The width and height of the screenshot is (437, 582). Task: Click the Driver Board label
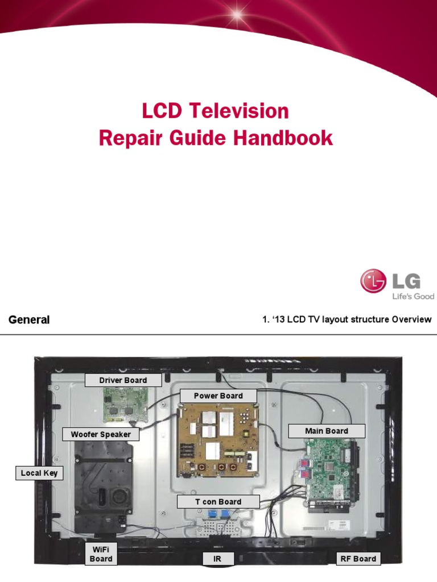click(x=123, y=380)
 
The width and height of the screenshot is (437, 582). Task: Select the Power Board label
click(x=218, y=396)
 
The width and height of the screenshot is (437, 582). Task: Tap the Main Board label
click(x=326, y=431)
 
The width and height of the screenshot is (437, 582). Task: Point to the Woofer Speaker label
click(x=101, y=434)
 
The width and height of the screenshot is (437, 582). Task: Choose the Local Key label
click(x=39, y=473)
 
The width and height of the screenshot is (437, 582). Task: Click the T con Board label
click(x=218, y=502)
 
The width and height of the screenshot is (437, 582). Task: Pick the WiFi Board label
click(x=101, y=554)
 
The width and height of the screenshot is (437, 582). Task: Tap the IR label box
click(x=217, y=559)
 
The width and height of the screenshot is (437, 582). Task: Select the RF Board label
click(x=357, y=559)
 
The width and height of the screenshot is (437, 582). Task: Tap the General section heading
click(x=29, y=319)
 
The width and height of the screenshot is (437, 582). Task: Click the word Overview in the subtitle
click(x=411, y=319)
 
